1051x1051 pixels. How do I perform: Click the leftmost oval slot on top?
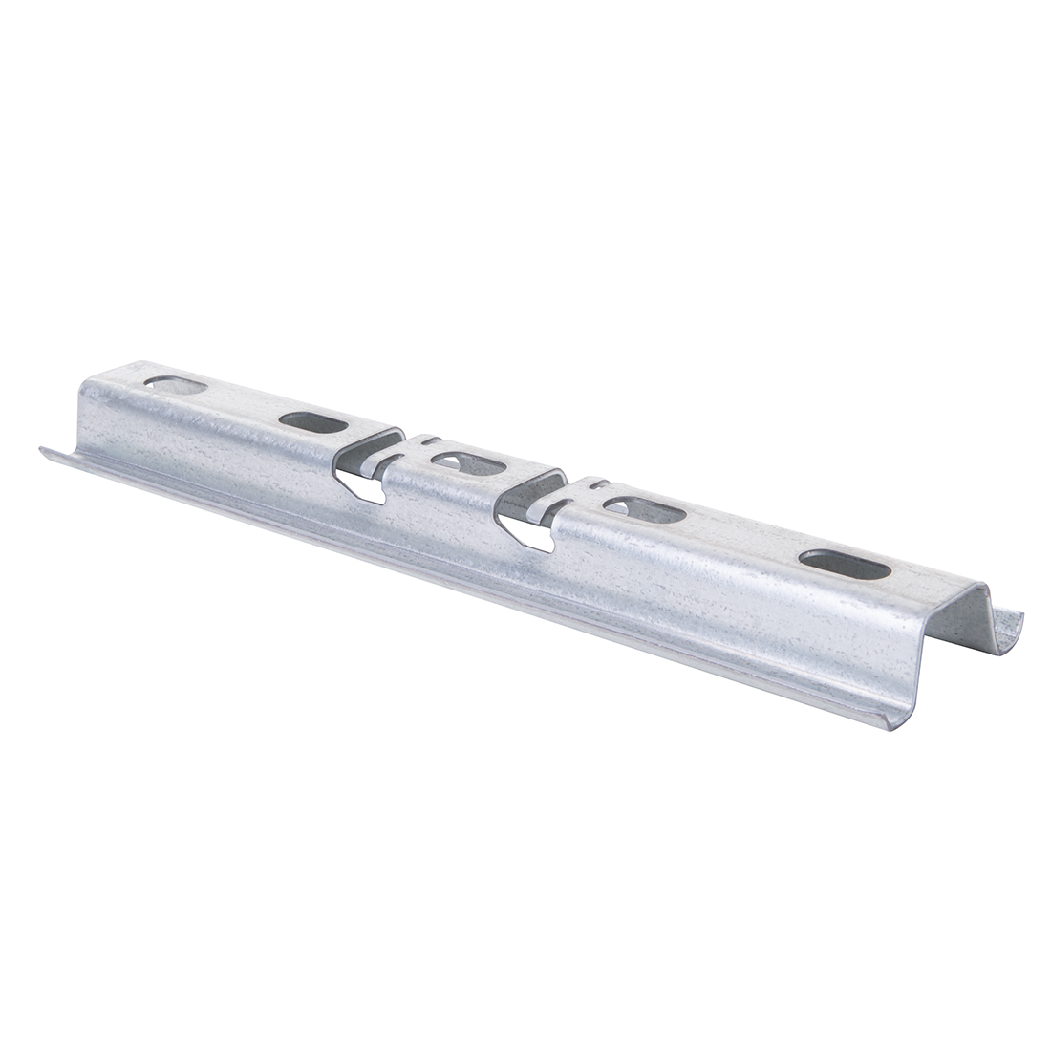pos(175,386)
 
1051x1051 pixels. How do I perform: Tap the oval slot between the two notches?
pos(466,465)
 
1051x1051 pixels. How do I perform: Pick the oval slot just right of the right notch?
pos(643,510)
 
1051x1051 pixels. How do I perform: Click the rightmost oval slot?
pos(844,565)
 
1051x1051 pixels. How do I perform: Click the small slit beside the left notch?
pos(431,441)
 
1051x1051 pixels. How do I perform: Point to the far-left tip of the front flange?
pos(42,449)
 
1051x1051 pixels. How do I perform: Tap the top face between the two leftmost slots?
pos(244,404)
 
